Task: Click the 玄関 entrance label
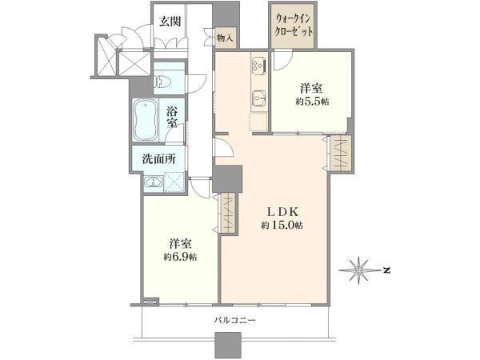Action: point(170,22)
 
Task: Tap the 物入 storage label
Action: point(226,38)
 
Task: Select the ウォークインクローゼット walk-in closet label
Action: point(294,26)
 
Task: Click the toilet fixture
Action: point(163,82)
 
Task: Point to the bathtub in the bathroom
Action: point(146,120)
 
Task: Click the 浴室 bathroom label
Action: point(172,117)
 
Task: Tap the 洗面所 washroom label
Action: point(159,158)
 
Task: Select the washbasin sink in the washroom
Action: point(153,182)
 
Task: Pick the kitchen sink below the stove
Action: point(259,99)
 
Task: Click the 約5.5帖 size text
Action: point(312,102)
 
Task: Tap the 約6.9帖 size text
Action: point(180,257)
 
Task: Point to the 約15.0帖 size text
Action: point(282,226)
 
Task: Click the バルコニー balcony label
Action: point(234,321)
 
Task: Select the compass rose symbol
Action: point(359,270)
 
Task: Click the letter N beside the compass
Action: point(386,270)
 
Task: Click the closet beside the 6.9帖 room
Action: point(228,214)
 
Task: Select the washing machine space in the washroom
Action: point(174,182)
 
